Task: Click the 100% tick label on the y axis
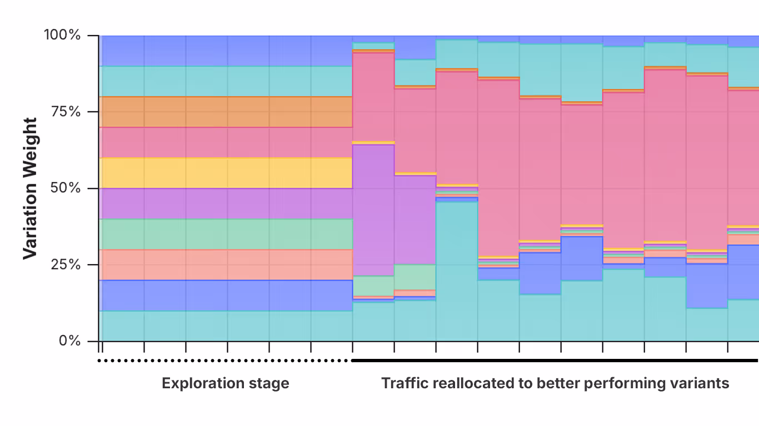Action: [62, 35]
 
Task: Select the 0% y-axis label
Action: [70, 341]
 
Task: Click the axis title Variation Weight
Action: [30, 188]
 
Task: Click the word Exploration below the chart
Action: [202, 383]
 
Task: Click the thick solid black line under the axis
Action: [556, 361]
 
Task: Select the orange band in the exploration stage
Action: [225, 112]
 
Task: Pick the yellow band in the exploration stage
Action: [225, 173]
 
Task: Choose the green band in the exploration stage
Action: [225, 234]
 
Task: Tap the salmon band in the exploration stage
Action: [225, 265]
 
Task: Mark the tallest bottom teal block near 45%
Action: [457, 272]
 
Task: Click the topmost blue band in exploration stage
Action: [225, 51]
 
